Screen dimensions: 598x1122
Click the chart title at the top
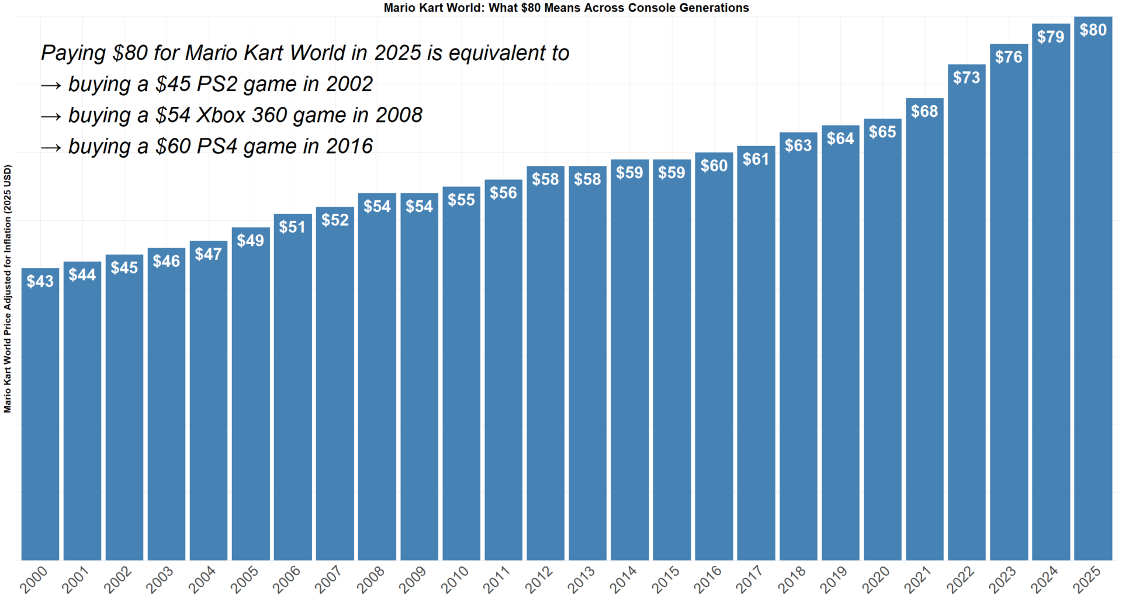[566, 8]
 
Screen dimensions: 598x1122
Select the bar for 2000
[40, 420]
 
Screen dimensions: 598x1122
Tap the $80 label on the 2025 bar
[1093, 30]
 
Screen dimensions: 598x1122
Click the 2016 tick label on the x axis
[708, 579]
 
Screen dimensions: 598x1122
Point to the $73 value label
[967, 77]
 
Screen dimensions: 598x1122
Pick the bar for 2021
[924, 350]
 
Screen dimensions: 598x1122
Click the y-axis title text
[8, 289]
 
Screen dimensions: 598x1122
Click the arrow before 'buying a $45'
[51, 85]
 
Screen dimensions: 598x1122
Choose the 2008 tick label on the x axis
[370, 579]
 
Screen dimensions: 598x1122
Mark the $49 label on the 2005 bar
[250, 240]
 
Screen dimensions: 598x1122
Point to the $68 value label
[924, 111]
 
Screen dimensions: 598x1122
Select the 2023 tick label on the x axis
[1002, 579]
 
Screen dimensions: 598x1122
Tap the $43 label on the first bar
[40, 281]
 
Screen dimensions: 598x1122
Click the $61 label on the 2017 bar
[756, 159]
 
